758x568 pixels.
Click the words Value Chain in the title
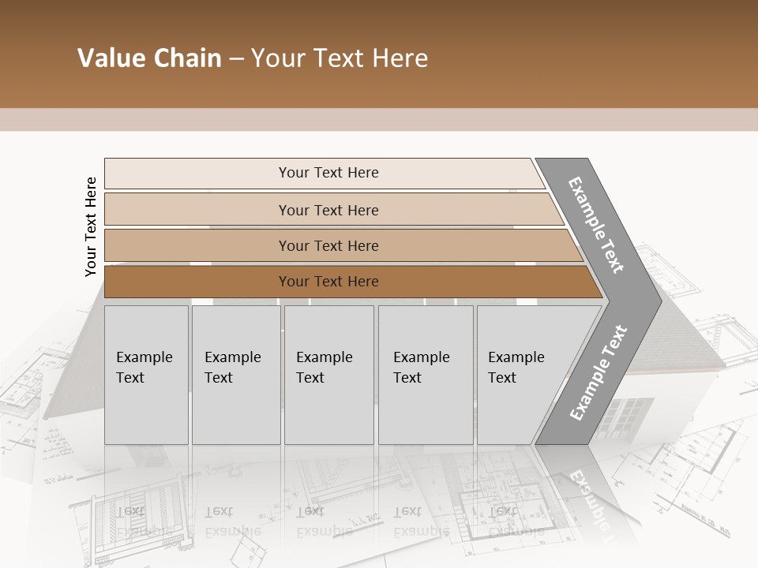pos(149,58)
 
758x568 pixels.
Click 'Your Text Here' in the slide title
pos(340,58)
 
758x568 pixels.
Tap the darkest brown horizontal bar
pos(197,282)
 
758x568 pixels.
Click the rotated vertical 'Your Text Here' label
pos(91,227)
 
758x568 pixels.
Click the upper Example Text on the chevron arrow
pos(596,225)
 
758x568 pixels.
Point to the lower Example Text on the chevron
pos(599,373)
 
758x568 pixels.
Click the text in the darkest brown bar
pos(328,282)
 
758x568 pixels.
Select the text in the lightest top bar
pos(328,173)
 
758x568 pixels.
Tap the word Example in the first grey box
pos(144,357)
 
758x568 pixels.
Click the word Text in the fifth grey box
pos(502,378)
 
